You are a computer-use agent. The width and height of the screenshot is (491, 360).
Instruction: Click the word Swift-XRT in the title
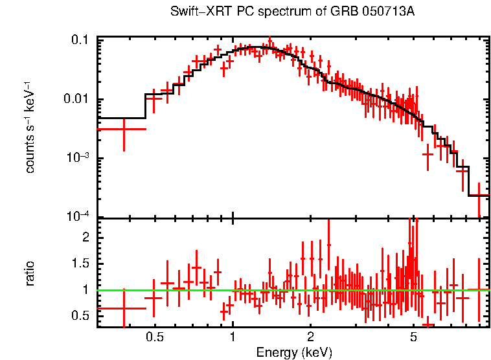coord(194,12)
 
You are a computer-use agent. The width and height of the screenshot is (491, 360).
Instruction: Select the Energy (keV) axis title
coord(294,352)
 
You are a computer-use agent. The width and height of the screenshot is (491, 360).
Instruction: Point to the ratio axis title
coord(30,273)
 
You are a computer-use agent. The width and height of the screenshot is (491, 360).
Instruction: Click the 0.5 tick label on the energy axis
coord(154,337)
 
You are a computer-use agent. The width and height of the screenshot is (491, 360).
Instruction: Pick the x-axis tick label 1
coord(233,337)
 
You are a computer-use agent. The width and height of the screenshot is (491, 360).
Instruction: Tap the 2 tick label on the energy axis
coord(310,337)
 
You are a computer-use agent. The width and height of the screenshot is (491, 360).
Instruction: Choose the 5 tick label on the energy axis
coord(413,337)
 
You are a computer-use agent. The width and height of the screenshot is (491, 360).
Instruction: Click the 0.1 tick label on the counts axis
coord(80,41)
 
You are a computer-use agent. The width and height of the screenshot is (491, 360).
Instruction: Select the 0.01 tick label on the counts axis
coord(76,100)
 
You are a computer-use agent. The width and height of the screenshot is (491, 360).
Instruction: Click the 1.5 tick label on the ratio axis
coord(80,264)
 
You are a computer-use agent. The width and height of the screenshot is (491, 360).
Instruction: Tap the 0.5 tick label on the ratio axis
coord(80,315)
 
